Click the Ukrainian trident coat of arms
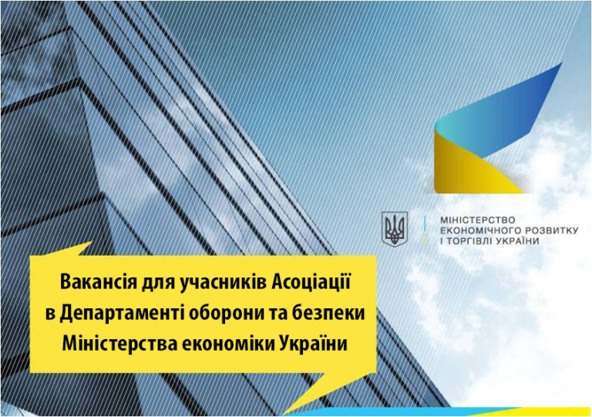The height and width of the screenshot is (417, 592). click(395, 229)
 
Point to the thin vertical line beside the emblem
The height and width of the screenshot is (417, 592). click(425, 230)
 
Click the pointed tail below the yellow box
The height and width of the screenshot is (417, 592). click(306, 388)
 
